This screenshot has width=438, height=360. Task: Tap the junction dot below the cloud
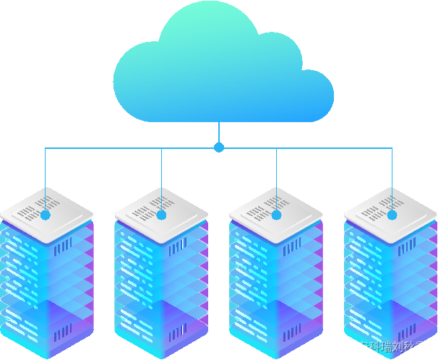point(219,147)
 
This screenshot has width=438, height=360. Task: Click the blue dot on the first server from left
point(46,215)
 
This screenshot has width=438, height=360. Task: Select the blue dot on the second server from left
point(161,215)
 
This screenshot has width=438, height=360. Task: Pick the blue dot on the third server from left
point(276,215)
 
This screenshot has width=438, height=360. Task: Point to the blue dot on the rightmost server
point(392,215)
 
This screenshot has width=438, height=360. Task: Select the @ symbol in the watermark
point(352,347)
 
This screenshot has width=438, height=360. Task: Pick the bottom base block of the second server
point(161,329)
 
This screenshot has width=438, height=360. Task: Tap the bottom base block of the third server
point(276,329)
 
